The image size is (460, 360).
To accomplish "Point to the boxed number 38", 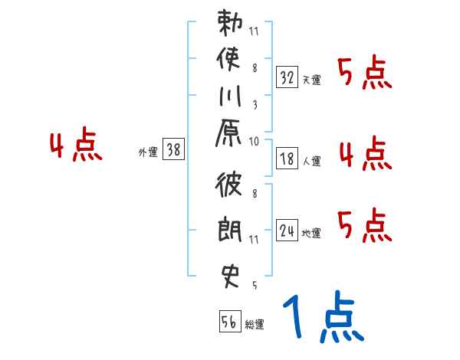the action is click(174, 150).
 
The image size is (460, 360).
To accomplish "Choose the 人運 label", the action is click(311, 162).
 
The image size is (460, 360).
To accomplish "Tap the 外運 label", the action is click(148, 152).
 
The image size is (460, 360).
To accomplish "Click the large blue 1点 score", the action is click(323, 319).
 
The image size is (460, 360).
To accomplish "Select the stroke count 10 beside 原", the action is click(255, 141).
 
